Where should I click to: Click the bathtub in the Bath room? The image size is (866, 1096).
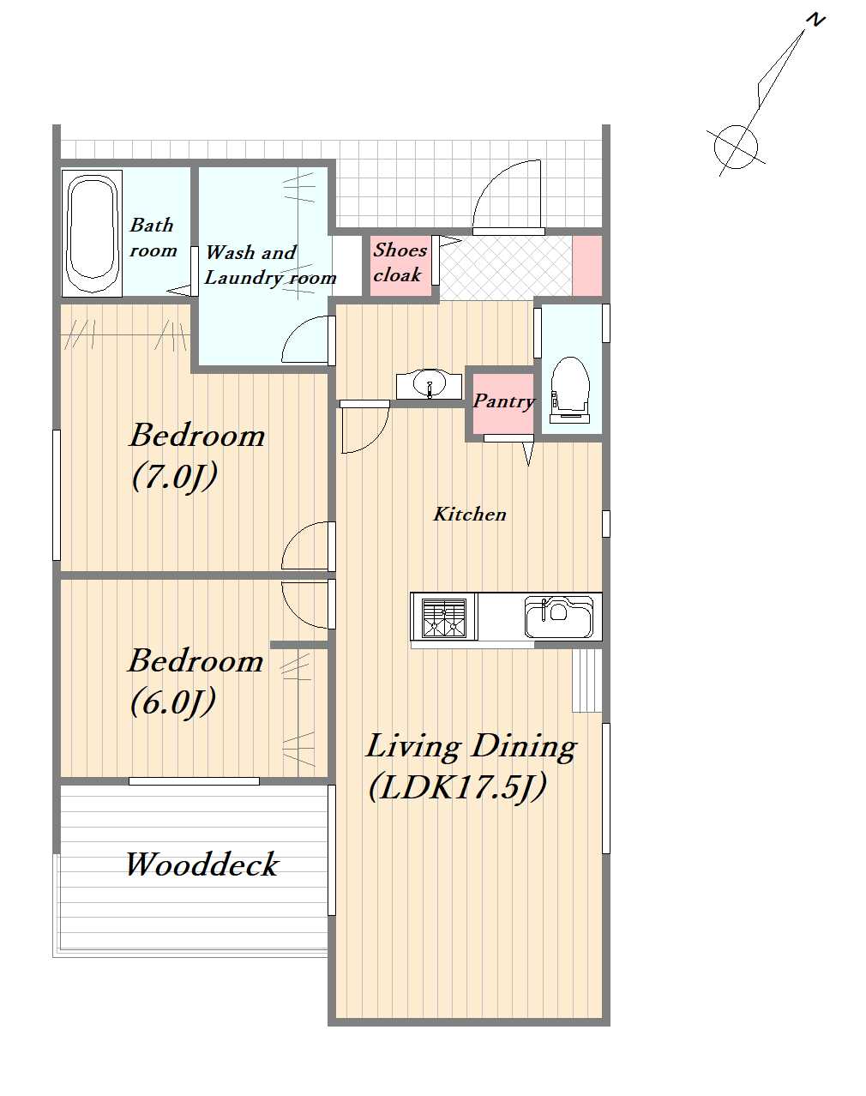tap(92, 233)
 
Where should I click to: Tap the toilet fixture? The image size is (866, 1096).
tap(570, 389)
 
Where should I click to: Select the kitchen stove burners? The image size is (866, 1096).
tap(444, 617)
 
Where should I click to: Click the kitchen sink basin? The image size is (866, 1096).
tap(559, 617)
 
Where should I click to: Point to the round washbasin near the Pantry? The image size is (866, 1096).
tap(430, 384)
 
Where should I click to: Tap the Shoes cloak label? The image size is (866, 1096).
tap(400, 262)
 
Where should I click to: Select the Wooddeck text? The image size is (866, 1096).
tap(201, 864)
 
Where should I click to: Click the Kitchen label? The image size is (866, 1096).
tap(469, 515)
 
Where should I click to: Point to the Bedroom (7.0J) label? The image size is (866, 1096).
tap(197, 456)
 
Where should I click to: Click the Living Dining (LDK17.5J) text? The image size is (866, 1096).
tap(471, 768)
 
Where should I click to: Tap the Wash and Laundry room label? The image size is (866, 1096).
tap(270, 265)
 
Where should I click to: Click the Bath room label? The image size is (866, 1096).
tap(153, 238)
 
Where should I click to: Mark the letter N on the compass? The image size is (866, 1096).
tap(815, 21)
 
